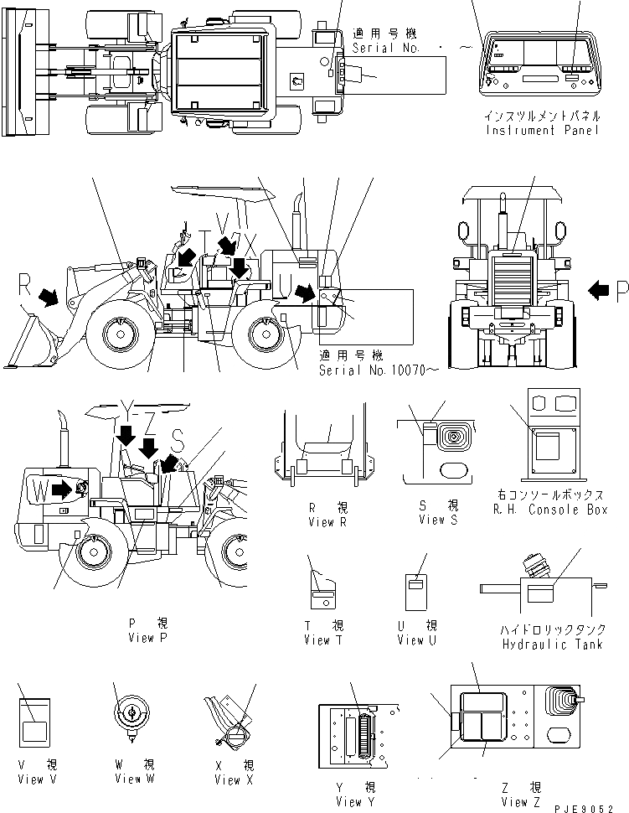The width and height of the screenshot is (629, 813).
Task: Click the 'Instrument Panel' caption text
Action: point(542,132)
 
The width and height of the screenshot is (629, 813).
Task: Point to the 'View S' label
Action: point(439,520)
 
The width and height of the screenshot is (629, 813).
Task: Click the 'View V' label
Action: point(30,779)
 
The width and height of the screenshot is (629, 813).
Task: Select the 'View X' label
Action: point(227,779)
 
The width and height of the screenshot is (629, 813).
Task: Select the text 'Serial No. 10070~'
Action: point(367,370)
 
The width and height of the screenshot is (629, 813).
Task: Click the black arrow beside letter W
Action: point(62,489)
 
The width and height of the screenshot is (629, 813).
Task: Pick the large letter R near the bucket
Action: point(24,285)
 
